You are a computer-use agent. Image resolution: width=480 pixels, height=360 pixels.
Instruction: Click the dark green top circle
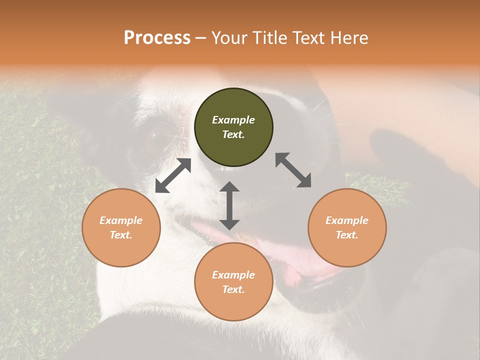point(233,127)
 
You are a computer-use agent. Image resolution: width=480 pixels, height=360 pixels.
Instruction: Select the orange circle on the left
point(121,227)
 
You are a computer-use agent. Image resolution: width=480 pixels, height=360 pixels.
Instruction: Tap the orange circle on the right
point(347,227)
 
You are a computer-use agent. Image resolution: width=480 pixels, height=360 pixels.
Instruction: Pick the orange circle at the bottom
point(233,282)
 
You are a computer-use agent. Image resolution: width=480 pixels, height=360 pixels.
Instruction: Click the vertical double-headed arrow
point(229,205)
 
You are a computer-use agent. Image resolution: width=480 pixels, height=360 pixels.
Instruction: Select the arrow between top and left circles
point(173,175)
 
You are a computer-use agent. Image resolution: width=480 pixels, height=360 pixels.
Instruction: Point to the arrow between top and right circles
point(293,170)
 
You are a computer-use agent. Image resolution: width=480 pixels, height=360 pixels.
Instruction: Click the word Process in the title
point(157,37)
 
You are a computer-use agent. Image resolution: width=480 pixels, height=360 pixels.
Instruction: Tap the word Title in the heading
point(268,37)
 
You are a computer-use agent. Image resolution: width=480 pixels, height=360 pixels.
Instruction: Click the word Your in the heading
point(228,37)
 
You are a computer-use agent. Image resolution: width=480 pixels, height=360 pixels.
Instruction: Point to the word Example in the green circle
point(233,120)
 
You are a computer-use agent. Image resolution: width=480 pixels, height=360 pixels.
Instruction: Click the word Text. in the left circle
point(121,235)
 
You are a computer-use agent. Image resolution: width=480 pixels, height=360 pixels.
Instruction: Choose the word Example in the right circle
point(347,220)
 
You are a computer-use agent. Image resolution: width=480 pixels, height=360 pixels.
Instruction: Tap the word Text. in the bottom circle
point(233,289)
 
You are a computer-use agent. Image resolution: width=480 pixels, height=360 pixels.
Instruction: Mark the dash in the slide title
point(200,37)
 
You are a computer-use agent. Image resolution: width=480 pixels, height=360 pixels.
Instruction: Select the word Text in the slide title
point(307,37)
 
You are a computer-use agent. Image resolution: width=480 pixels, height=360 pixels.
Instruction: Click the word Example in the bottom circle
point(233,275)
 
